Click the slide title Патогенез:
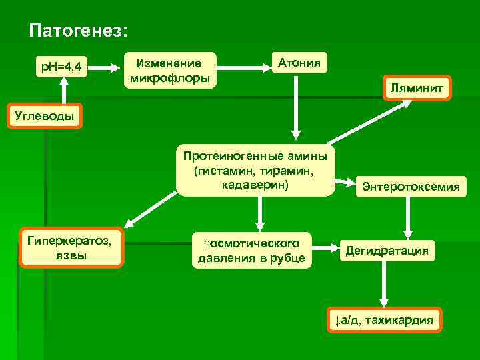tap(79, 31)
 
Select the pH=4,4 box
tap(61, 66)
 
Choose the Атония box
tap(299, 63)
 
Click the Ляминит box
tap(417, 88)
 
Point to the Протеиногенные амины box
tap(255, 170)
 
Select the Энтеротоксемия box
tap(410, 187)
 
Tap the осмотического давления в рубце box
tap(251, 250)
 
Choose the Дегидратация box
tap(387, 251)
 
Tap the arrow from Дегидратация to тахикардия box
tap(384, 283)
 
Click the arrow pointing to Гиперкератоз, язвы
tap(150, 207)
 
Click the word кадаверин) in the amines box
tap(256, 185)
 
